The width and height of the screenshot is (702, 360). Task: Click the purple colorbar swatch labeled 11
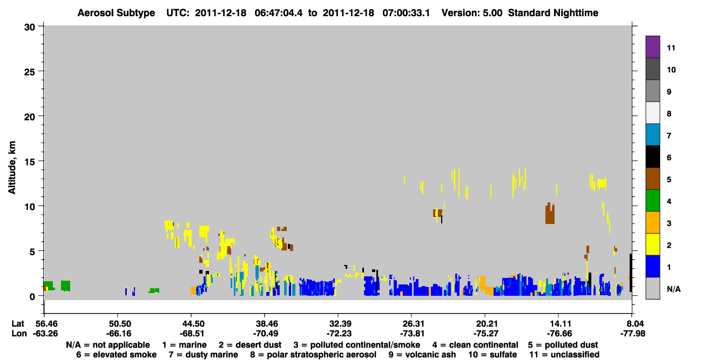point(652,46)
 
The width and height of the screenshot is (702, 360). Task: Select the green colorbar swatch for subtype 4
point(652,201)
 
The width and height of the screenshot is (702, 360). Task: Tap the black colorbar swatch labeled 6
point(652,157)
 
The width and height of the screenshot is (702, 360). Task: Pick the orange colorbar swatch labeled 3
point(652,222)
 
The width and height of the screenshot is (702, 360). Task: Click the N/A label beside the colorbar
point(673,289)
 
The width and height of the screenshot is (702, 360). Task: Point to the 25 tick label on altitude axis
point(30,72)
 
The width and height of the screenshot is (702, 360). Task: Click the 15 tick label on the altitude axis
point(30,161)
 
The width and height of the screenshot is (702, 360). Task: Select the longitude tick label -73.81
point(411,334)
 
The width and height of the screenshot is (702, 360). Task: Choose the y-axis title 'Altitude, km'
point(12,168)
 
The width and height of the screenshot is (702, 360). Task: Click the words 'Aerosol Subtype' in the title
point(116,13)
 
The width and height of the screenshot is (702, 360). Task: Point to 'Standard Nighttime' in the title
point(553,13)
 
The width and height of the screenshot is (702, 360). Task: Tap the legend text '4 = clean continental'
point(475,345)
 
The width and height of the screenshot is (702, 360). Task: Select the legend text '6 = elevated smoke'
point(116,355)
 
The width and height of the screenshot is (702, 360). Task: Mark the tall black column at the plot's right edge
point(631,273)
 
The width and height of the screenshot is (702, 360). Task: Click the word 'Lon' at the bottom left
point(19,334)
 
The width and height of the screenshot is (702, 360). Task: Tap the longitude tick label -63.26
point(45,334)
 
